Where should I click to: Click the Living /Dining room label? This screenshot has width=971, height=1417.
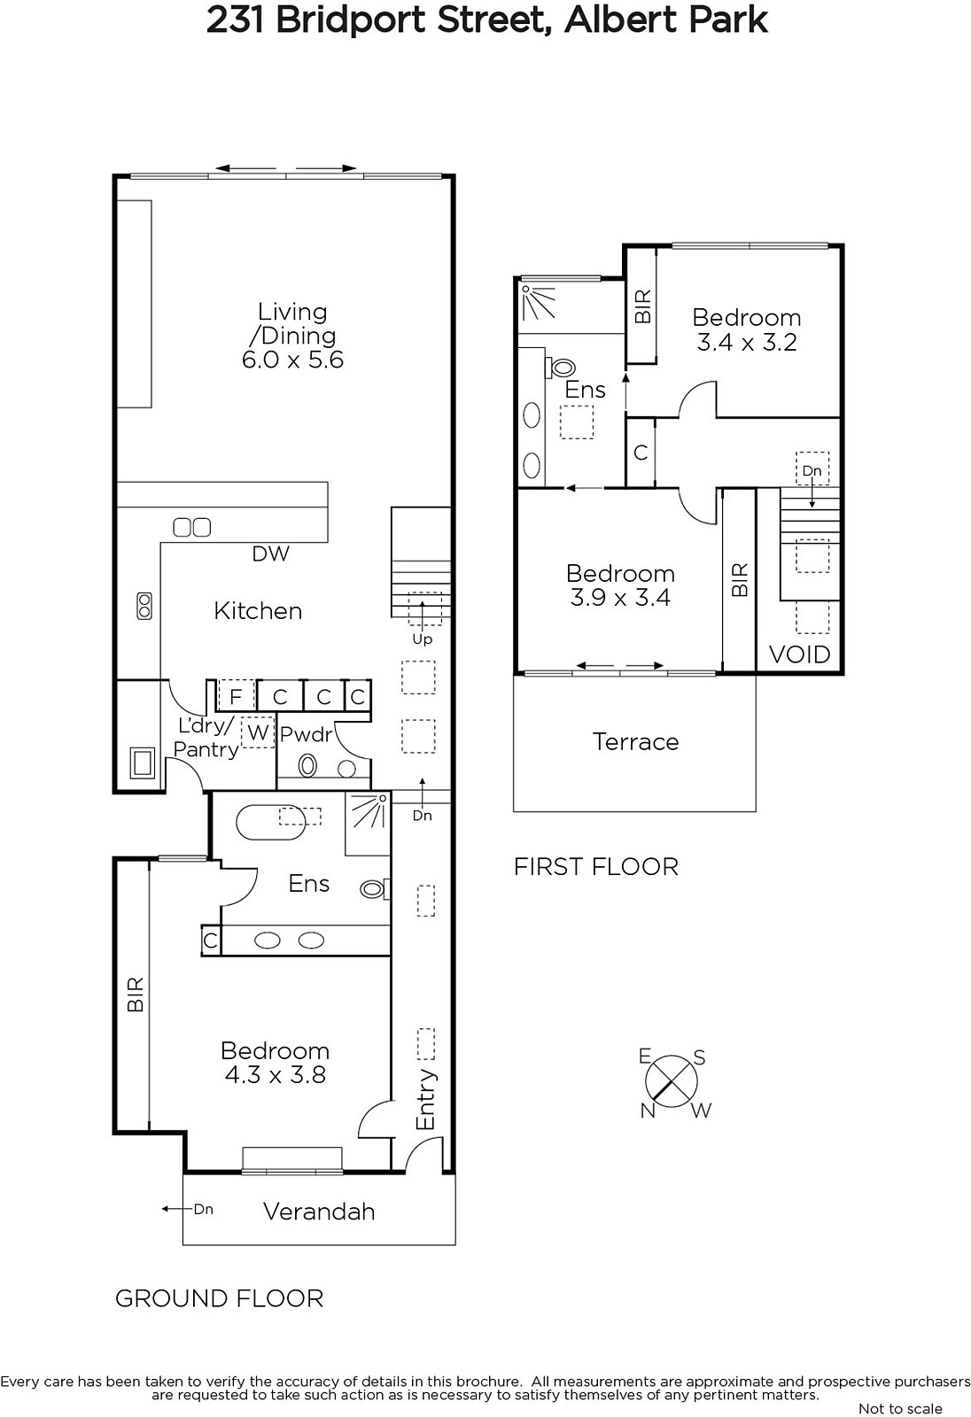point(292,323)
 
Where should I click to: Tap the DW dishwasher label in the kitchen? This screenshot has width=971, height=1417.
point(271,554)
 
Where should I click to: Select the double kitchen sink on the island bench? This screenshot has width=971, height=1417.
point(191,527)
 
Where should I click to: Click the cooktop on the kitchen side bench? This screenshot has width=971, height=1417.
point(144,606)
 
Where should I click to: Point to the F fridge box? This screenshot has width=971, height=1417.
point(236,696)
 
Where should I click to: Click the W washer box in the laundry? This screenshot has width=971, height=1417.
point(258,732)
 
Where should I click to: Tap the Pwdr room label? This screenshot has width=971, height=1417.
point(307,734)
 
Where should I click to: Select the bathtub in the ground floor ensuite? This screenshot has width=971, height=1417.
point(271,823)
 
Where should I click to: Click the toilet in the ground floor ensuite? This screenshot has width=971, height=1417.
point(375,889)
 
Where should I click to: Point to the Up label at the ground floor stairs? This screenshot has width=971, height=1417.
point(423,639)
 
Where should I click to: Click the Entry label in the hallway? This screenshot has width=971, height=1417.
point(426,1099)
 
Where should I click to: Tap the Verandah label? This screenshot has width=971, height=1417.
point(319,1212)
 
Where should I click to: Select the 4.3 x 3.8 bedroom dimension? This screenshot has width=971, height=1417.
point(276,1075)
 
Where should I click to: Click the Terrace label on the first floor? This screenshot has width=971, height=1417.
point(635,741)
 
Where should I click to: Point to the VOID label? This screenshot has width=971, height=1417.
point(799,654)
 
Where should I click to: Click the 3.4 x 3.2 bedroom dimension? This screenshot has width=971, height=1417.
point(747,342)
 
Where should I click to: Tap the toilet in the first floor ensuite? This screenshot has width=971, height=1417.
point(563,367)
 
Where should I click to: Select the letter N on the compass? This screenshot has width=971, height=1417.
point(648,1111)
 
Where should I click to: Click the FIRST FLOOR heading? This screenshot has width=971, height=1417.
point(595,867)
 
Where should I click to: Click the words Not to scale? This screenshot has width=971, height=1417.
point(900,1408)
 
